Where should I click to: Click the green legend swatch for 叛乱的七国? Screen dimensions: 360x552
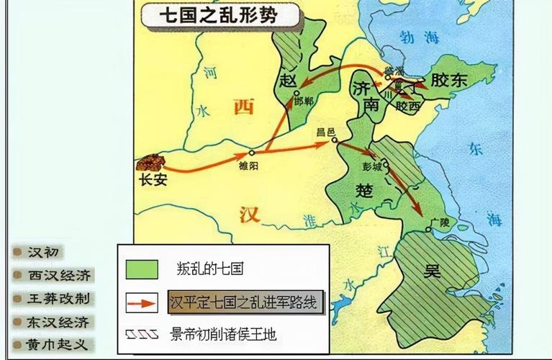coord(142,269)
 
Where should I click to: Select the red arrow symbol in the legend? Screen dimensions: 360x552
coord(142,302)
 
